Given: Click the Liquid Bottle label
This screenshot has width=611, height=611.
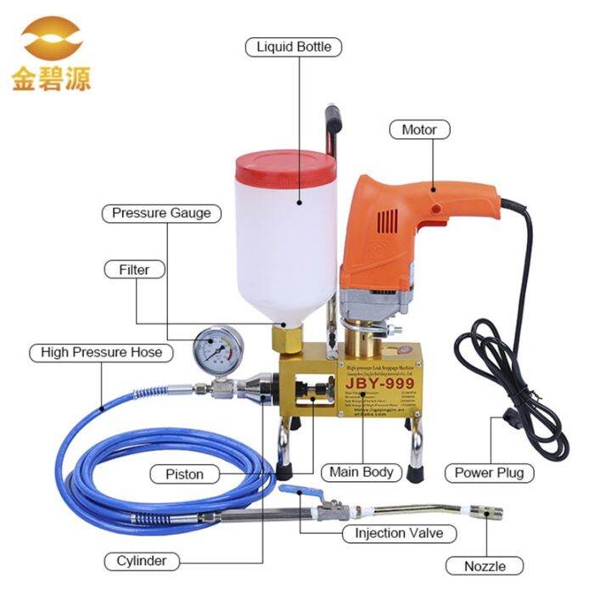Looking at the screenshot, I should (294, 47).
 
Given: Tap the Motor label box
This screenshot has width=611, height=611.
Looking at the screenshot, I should (419, 130).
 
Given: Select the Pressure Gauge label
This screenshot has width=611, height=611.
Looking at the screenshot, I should (161, 213).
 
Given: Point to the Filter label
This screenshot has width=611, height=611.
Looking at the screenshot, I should (134, 270).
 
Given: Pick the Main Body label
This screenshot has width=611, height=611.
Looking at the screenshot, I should (362, 473).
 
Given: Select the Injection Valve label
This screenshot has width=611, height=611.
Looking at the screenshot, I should (399, 534).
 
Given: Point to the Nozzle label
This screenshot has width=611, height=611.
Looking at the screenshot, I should (485, 566).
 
